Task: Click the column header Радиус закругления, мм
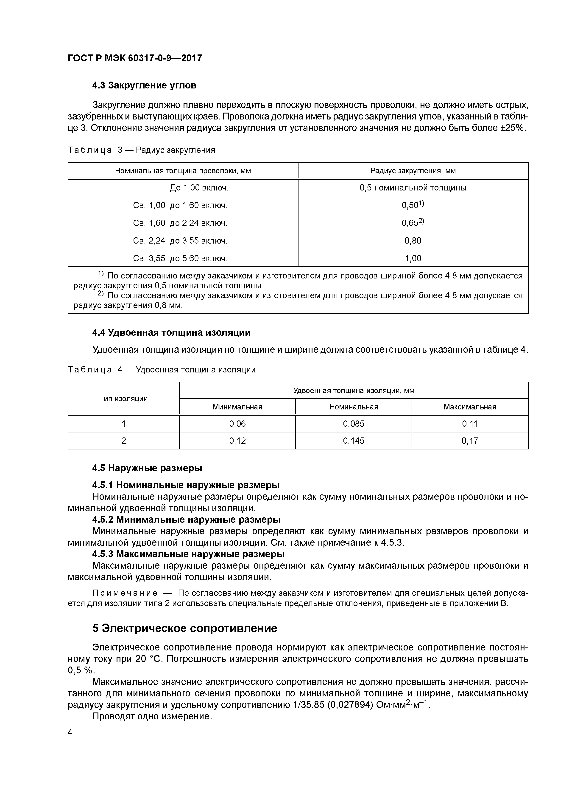point(413,171)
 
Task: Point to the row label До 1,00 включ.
point(199,188)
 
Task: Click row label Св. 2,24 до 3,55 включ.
point(180,241)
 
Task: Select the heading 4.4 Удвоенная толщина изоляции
point(171,332)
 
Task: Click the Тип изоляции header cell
point(123,398)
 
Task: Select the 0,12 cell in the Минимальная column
point(237,440)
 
